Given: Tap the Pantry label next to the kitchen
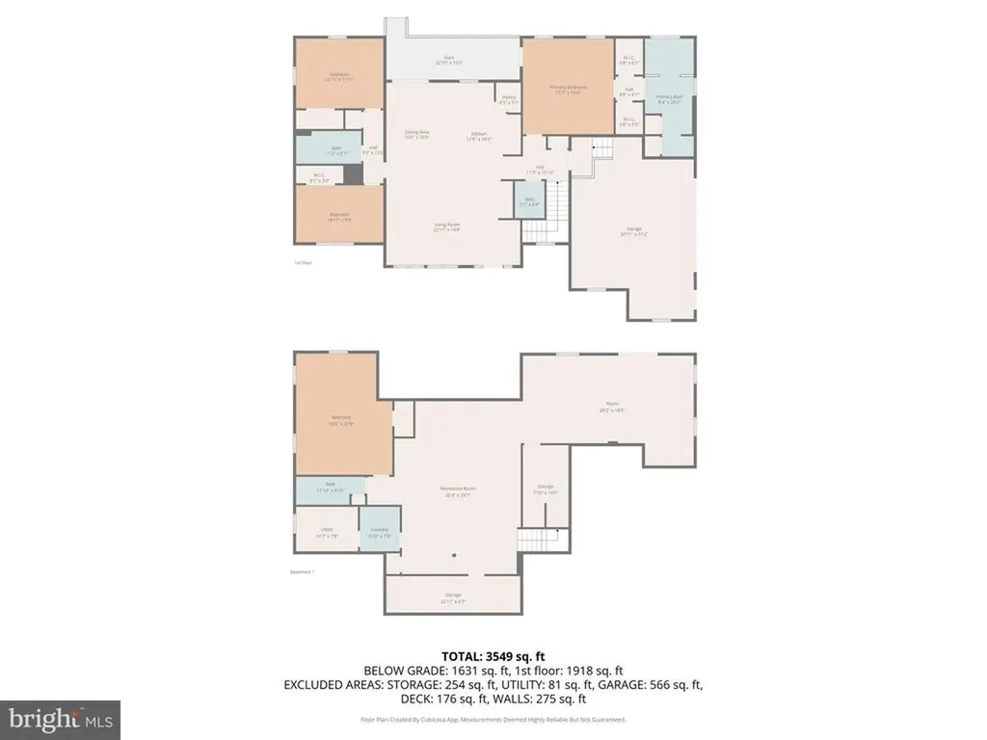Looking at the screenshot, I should coord(508,99).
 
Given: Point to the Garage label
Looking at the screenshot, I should coord(633,230).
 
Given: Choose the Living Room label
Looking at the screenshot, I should coord(446,227).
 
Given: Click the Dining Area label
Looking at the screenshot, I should coord(416,134).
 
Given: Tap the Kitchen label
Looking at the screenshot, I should coord(479,136).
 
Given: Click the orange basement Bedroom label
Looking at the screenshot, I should coord(342,419).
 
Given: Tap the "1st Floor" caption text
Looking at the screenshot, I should coord(303,262).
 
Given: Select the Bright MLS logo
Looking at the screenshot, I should coord(60,719).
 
